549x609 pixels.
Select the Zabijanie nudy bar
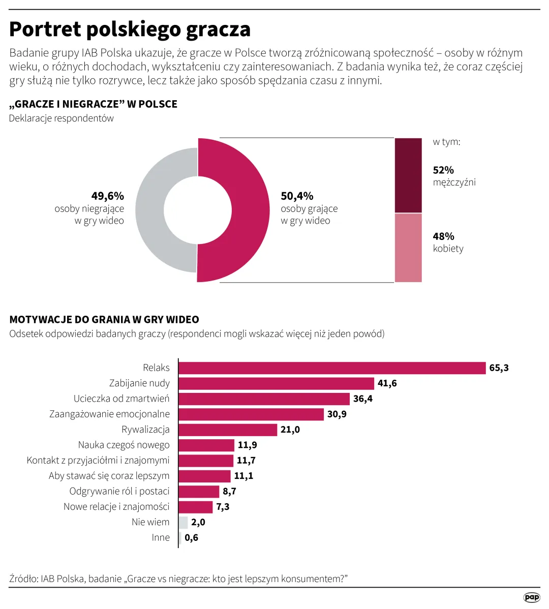click(x=276, y=383)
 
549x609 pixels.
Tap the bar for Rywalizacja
click(x=228, y=430)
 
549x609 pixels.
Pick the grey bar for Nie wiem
click(x=183, y=522)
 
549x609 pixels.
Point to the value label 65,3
click(x=499, y=368)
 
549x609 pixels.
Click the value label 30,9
click(x=337, y=414)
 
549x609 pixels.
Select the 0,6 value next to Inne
click(x=191, y=538)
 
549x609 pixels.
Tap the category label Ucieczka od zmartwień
click(x=121, y=399)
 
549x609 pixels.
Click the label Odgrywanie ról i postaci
click(x=119, y=491)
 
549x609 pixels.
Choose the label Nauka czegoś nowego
click(x=124, y=445)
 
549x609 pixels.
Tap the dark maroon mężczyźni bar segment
click(x=408, y=175)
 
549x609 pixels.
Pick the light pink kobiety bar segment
click(x=408, y=248)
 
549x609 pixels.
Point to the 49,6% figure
click(x=107, y=196)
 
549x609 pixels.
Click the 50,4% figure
click(x=297, y=196)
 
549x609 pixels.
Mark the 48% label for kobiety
click(x=443, y=236)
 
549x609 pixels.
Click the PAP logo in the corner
click(x=531, y=597)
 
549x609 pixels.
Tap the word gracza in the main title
click(x=218, y=29)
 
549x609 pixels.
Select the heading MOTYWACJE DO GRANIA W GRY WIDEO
click(x=104, y=320)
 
